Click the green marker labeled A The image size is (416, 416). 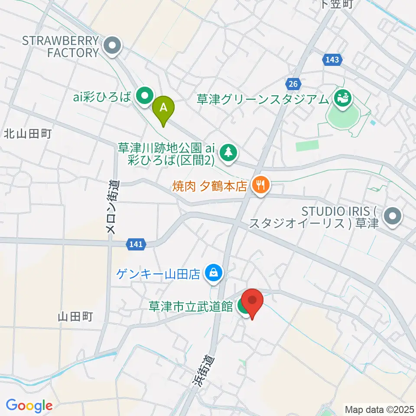point(163,107)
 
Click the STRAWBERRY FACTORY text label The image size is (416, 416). point(60,47)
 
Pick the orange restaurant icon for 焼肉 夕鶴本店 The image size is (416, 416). point(260,185)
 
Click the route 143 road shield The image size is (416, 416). point(331,60)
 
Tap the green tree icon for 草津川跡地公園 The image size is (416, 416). point(227,153)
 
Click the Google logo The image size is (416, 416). point(29,406)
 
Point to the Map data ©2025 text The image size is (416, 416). point(379,409)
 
